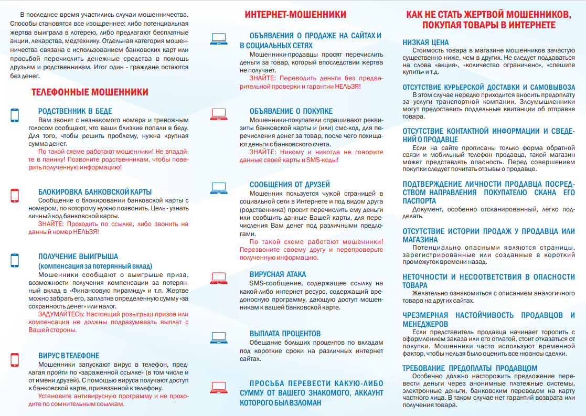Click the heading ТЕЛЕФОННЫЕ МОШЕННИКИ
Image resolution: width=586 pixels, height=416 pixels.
click(x=90, y=92)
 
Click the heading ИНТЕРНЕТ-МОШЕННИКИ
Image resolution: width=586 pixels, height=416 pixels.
click(x=295, y=14)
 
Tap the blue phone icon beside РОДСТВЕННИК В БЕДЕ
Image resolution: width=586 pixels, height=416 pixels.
click(x=15, y=115)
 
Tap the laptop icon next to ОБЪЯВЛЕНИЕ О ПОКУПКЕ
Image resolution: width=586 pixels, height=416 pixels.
click(x=218, y=113)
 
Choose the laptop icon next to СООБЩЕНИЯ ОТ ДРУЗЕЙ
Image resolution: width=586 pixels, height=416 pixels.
click(x=218, y=186)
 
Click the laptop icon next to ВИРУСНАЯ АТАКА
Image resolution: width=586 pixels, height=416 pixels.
click(x=218, y=277)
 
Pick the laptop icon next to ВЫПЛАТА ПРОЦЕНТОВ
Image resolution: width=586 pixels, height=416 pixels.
click(x=218, y=336)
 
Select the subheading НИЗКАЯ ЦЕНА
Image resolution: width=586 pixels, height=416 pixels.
click(x=425, y=42)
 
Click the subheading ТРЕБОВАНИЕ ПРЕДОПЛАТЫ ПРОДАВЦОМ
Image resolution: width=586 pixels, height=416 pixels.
click(x=470, y=368)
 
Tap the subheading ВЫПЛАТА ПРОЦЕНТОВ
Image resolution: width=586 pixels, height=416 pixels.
click(x=285, y=334)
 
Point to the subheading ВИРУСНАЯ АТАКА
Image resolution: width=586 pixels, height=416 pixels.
click(x=278, y=274)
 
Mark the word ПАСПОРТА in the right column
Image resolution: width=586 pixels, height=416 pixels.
click(x=419, y=201)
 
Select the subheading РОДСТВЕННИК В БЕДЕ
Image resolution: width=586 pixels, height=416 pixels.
click(x=75, y=111)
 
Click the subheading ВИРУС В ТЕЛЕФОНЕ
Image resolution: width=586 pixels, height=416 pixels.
click(x=69, y=356)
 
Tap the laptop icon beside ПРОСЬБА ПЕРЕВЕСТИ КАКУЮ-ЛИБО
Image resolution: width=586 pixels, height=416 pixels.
click(x=218, y=388)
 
